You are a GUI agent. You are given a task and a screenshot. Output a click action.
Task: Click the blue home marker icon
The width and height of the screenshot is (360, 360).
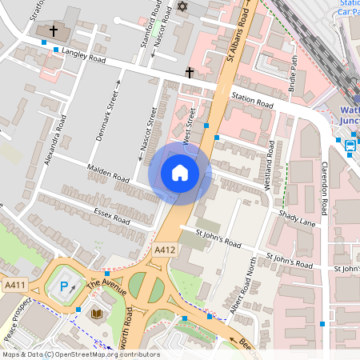(180, 173)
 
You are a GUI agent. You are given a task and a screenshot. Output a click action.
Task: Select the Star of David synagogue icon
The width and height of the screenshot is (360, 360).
(181, 6)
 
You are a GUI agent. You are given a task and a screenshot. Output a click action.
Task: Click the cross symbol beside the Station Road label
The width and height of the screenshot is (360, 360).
(190, 73)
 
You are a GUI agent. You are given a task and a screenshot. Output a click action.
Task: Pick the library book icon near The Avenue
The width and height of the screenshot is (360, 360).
(97, 313)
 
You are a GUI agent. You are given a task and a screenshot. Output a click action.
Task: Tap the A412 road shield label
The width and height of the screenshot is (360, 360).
(164, 250)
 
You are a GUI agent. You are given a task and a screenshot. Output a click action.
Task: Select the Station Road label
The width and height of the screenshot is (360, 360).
(252, 102)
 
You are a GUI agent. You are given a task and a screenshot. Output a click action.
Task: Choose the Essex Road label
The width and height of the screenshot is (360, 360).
(111, 216)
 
